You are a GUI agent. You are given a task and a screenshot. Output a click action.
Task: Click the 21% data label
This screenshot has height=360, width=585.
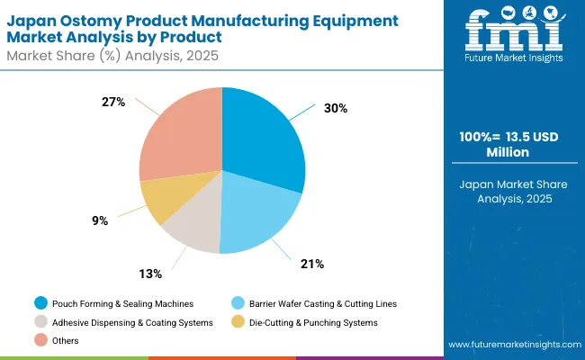(x=311, y=264)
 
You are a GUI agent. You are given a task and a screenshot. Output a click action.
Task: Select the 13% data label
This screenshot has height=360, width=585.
(x=150, y=273)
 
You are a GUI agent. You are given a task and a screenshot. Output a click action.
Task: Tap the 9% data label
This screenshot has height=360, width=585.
(x=102, y=219)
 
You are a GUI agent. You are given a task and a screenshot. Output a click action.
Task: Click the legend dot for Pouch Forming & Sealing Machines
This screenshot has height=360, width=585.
(x=40, y=302)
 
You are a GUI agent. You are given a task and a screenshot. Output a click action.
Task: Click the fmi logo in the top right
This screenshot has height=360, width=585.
(x=516, y=32)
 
